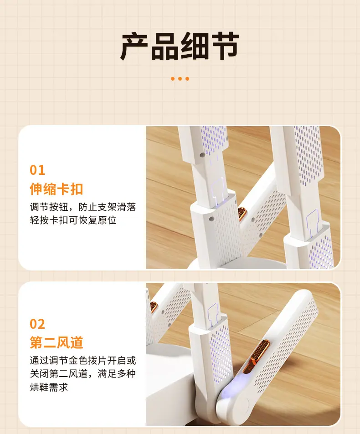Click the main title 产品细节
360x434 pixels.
(180, 46)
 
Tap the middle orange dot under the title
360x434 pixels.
(180, 79)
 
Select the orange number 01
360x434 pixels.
(37, 170)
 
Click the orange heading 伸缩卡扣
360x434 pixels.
(57, 189)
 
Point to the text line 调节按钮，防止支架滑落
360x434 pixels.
(83, 207)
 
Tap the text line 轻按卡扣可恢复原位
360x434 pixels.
(73, 220)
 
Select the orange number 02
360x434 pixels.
(37, 324)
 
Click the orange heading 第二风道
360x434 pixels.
(57, 342)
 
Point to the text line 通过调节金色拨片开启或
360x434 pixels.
(83, 361)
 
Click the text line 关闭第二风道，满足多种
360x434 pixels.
(83, 374)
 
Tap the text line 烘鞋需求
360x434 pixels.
(49, 387)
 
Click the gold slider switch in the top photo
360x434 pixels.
(242, 214)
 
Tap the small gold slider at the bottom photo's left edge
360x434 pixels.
(153, 307)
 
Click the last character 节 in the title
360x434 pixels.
(225, 46)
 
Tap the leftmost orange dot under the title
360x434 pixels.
(173, 79)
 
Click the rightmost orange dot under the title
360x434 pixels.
(187, 79)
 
